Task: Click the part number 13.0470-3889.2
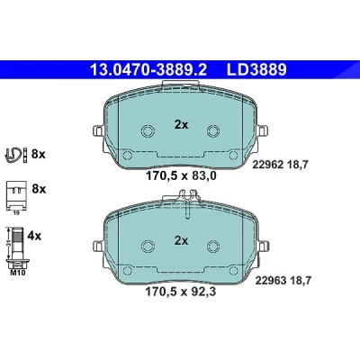coord(148,70)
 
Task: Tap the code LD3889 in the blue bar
coord(256,70)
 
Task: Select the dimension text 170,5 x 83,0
coord(181,175)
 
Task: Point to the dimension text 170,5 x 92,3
coord(181,292)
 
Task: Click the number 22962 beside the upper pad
coord(268,165)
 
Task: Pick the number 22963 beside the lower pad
coord(271,281)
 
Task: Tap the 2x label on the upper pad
coord(181,124)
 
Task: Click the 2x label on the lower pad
coord(181,240)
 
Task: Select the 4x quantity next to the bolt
coord(34,236)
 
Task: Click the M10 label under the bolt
coord(18,273)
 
